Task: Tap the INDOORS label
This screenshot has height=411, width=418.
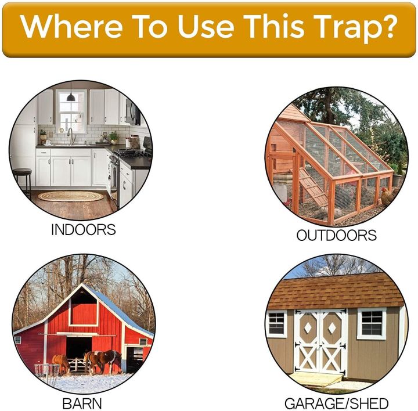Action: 83,229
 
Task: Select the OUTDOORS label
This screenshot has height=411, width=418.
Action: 336,235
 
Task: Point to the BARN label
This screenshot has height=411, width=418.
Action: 83,402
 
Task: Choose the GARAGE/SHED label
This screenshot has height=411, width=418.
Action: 336,403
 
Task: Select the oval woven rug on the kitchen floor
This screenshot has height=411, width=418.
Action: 70,196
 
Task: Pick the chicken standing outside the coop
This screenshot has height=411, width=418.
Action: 385,198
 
